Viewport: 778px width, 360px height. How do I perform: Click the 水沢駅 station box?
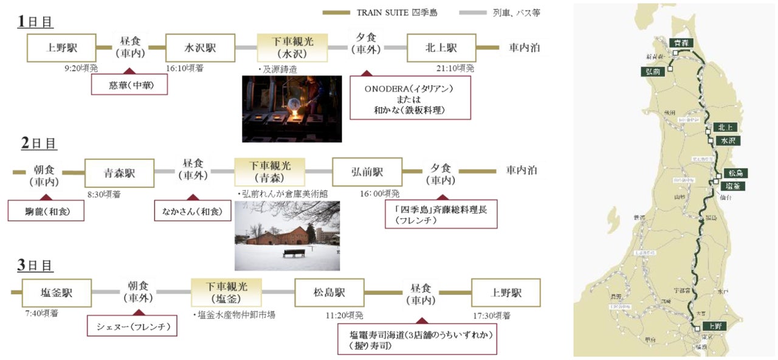[200, 47]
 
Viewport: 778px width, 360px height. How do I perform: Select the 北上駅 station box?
[441, 47]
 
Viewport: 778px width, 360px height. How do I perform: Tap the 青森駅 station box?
[119, 173]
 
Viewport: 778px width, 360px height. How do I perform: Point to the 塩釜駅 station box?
[57, 292]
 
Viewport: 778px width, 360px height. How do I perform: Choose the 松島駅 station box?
[329, 292]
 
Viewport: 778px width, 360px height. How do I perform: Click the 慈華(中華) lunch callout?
[129, 85]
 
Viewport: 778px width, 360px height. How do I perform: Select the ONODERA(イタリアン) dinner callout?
[410, 99]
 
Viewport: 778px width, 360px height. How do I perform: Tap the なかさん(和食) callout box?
[193, 211]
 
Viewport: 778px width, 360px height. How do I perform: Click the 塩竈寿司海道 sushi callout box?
[418, 339]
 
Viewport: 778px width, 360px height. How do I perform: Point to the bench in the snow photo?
[293, 252]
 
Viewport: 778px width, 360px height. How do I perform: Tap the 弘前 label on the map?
[650, 71]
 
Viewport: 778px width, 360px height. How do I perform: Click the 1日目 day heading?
[35, 22]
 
